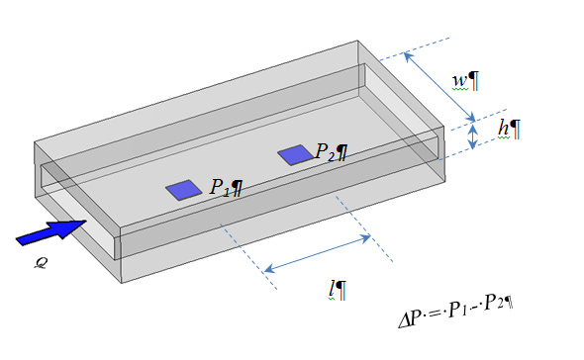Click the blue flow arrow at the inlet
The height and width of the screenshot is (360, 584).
[x=52, y=232]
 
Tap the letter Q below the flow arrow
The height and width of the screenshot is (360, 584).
[x=41, y=263]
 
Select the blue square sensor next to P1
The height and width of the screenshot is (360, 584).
[x=184, y=190]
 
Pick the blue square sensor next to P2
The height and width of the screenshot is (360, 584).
[x=296, y=155]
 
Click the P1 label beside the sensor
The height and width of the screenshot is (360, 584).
[x=220, y=187]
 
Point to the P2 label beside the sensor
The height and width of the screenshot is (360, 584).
[x=325, y=152]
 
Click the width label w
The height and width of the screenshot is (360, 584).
[x=459, y=81]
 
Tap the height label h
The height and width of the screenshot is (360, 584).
[x=504, y=129]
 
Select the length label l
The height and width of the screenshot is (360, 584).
[x=332, y=290]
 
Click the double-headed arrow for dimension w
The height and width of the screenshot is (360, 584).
[x=439, y=87]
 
